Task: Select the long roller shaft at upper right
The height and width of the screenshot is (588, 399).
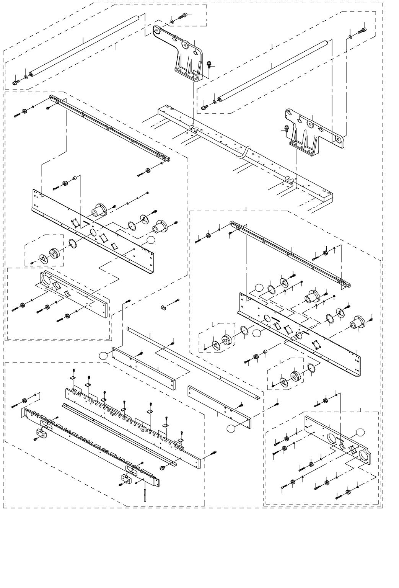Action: click(x=272, y=70)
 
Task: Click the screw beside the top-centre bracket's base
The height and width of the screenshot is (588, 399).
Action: click(x=209, y=64)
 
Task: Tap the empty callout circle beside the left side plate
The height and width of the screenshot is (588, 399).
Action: click(x=151, y=240)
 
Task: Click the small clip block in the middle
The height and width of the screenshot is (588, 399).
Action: click(x=163, y=307)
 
